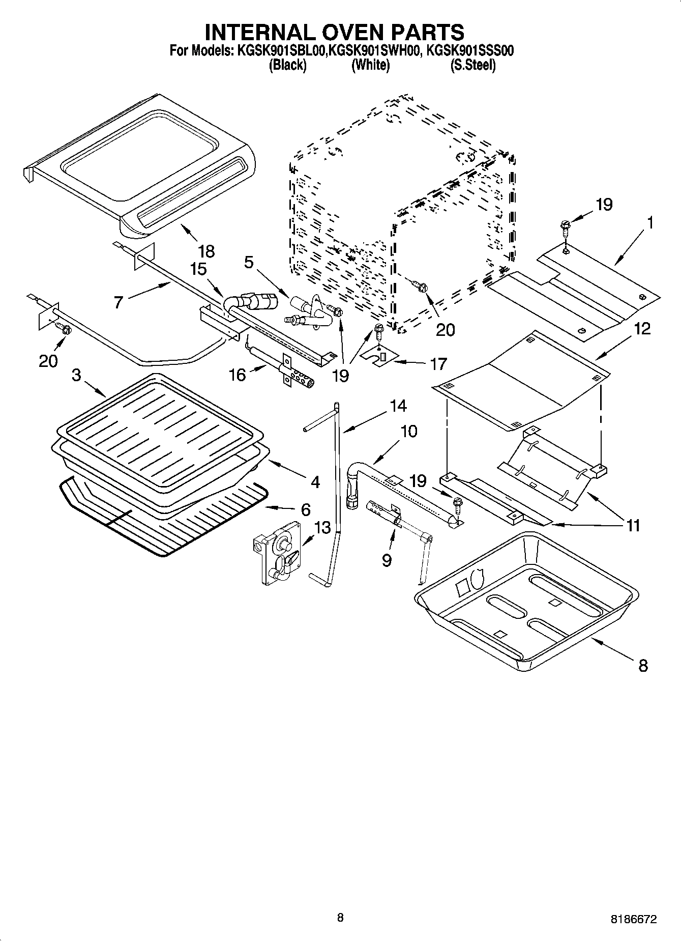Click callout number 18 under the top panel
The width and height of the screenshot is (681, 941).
coord(206,251)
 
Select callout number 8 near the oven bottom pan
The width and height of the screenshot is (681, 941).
coord(643,665)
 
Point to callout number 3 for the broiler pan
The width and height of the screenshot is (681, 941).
coord(76,375)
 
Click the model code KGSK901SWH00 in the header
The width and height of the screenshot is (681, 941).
coord(373,50)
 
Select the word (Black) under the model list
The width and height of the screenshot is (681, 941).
coord(287,65)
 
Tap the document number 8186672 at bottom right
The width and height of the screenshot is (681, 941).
coord(634,920)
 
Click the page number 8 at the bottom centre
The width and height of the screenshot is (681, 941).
coord(340,918)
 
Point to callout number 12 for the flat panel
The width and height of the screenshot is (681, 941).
coord(642,329)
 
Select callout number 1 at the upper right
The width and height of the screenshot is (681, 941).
coord(650,222)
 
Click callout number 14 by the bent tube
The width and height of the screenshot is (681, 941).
coord(398,406)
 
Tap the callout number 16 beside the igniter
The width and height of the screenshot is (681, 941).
coord(238,375)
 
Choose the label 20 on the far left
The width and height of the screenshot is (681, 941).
coord(49,361)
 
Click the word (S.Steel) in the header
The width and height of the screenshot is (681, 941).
coord(473,65)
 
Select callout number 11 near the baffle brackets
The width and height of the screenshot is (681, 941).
coord(633,525)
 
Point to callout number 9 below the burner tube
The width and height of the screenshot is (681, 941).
coord(387,560)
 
